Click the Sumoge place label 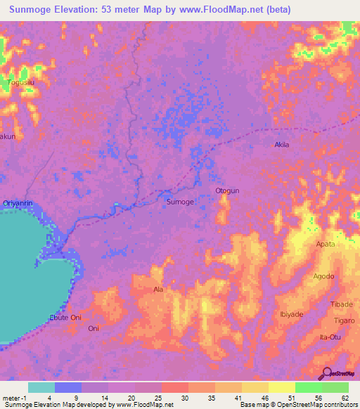(x=179, y=202)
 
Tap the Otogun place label (x=227, y=190)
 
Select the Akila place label (x=281, y=145)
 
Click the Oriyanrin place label (x=18, y=203)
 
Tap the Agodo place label (x=323, y=276)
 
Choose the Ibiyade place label (x=292, y=314)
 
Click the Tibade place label (x=341, y=304)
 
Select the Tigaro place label (x=343, y=320)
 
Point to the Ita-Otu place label (x=333, y=337)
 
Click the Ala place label (x=158, y=290)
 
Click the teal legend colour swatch (x=41, y=387)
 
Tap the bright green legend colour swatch (x=309, y=387)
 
